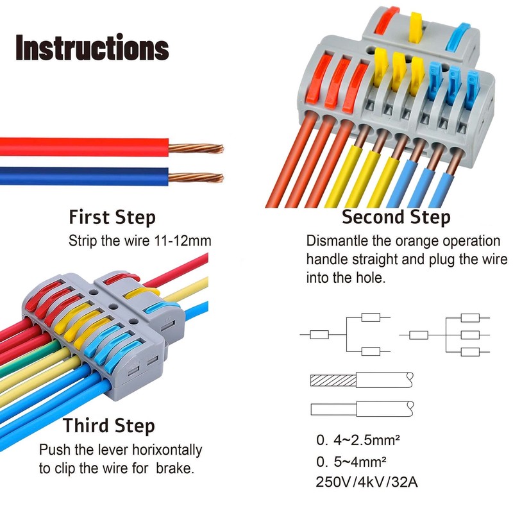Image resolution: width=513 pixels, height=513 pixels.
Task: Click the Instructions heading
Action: click(92, 48)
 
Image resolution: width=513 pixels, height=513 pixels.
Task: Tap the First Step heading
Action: click(112, 217)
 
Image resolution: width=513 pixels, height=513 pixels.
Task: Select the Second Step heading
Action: click(396, 217)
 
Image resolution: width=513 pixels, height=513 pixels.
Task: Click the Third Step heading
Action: click(109, 425)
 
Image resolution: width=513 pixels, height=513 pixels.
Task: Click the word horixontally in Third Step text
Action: click(165, 450)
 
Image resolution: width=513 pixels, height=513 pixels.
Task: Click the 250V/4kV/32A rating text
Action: click(366, 482)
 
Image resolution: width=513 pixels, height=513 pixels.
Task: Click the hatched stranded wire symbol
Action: click(333, 380)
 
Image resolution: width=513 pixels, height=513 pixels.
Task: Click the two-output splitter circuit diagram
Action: click(346, 334)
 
